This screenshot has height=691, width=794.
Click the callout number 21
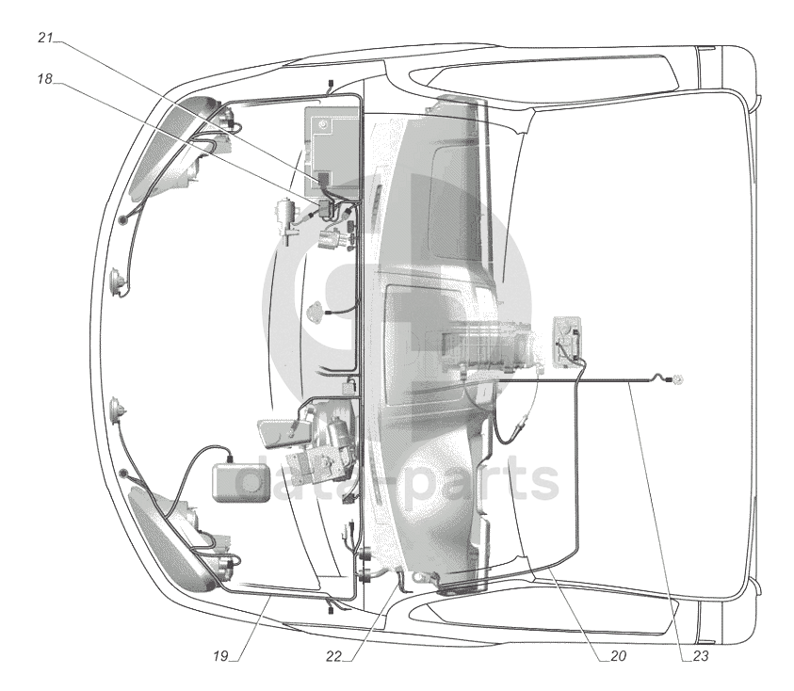point(45,38)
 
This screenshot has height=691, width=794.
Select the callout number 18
point(45,78)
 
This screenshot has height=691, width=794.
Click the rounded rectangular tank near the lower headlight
point(241,482)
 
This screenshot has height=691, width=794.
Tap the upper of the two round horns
point(117,283)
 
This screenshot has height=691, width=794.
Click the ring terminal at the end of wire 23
point(675,379)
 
